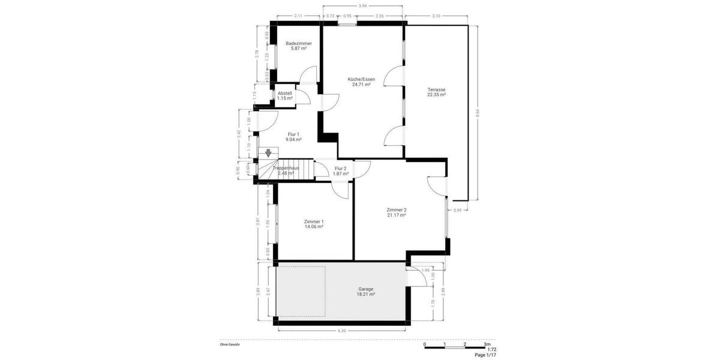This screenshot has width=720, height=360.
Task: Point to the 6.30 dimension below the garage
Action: tap(342, 331)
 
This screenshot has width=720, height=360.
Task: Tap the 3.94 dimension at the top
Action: tap(362, 6)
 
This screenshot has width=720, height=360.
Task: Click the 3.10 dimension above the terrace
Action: tap(436, 16)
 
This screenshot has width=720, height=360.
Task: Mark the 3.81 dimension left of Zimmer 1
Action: tap(259, 221)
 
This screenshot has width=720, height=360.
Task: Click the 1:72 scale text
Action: tap(491, 349)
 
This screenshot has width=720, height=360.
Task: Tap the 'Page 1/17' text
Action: tap(486, 355)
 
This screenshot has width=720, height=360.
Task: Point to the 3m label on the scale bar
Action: tap(487, 344)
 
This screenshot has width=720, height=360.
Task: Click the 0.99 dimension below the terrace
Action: tap(458, 210)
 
